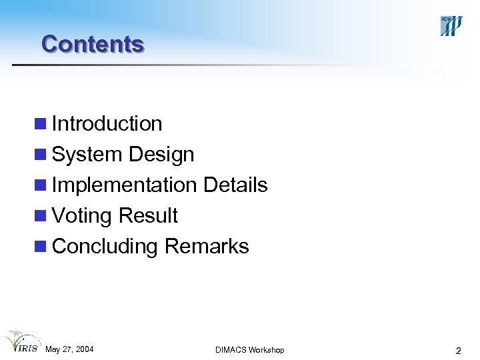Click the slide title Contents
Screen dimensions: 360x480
click(x=92, y=44)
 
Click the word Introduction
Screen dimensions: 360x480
click(x=107, y=124)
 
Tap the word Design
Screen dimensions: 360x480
click(x=161, y=155)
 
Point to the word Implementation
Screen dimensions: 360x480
click(x=124, y=185)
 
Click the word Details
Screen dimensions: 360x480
click(x=235, y=185)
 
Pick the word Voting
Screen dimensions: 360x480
click(x=82, y=216)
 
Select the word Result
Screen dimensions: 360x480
click(x=148, y=216)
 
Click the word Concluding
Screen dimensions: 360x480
click(x=105, y=247)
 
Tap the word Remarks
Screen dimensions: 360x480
click(x=207, y=247)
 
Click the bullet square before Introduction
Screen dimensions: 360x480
click(x=42, y=125)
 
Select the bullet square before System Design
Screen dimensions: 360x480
click(x=42, y=155)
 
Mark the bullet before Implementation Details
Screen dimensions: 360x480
click(x=42, y=186)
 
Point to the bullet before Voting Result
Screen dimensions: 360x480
click(x=42, y=217)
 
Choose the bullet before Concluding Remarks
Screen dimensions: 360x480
click(x=42, y=247)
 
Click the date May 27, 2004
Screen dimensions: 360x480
click(x=69, y=349)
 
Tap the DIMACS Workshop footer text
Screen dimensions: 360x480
click(x=250, y=350)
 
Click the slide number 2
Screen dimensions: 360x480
click(x=458, y=350)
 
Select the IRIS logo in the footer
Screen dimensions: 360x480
click(x=21, y=342)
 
